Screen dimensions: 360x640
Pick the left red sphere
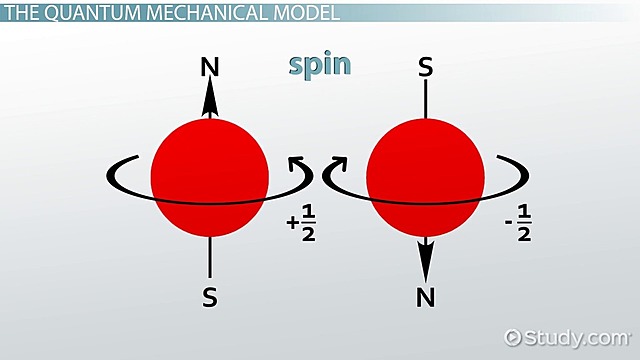[210, 176]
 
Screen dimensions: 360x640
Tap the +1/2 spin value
[301, 228]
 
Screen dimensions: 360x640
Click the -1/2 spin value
[517, 228]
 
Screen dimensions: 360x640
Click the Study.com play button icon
[514, 336]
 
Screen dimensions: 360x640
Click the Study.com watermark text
[576, 336]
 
